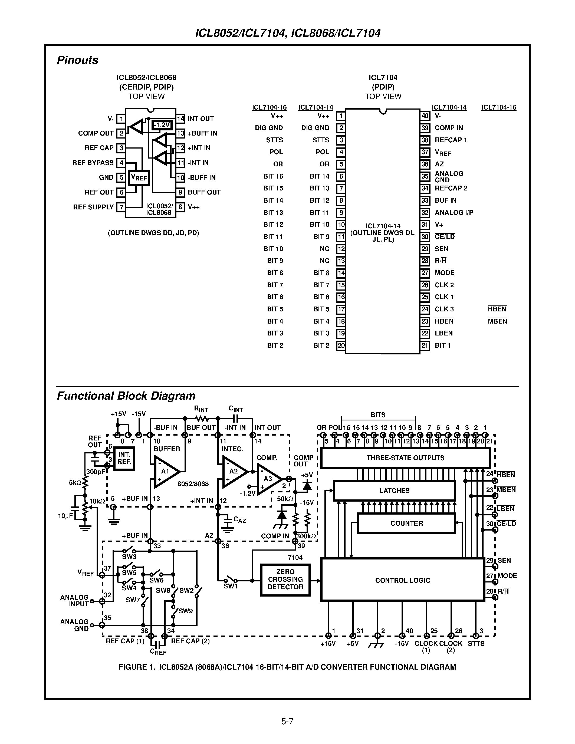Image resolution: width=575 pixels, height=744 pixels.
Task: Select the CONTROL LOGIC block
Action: pos(402,580)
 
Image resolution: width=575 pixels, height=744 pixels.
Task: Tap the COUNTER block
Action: pos(406,523)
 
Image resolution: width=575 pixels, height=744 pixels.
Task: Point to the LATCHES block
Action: pos(394,490)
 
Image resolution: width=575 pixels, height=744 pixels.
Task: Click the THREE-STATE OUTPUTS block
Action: pos(405,458)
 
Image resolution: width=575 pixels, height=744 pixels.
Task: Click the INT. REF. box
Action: pos(124,459)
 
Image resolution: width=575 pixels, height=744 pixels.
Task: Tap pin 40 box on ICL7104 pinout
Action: pos(425,116)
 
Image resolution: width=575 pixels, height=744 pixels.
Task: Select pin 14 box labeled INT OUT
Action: pos(180,118)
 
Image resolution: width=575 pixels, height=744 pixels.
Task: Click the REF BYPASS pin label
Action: pos(93,163)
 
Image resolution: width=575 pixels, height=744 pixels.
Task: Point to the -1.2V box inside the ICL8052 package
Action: pos(162,125)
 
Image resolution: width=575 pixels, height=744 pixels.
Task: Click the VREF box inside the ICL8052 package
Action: pos(139,177)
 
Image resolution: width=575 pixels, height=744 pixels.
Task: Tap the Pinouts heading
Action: pos(77,60)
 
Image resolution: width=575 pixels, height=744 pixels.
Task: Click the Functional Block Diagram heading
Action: pos(126,396)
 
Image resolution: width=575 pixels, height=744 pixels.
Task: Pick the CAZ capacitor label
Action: pos(239,520)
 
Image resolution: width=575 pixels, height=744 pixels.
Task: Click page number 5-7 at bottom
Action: pos(287,721)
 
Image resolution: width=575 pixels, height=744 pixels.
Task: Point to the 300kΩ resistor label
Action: pos(306,536)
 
